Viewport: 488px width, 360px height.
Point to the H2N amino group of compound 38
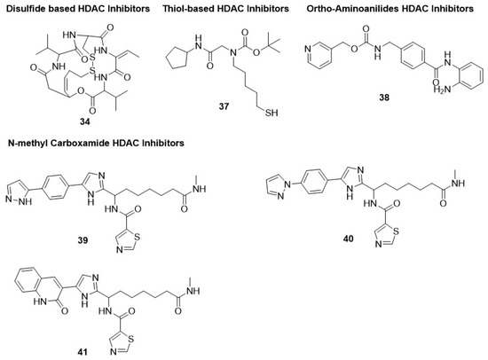[x=437, y=89]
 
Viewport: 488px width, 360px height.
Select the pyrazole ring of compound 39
[x=20, y=187]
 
